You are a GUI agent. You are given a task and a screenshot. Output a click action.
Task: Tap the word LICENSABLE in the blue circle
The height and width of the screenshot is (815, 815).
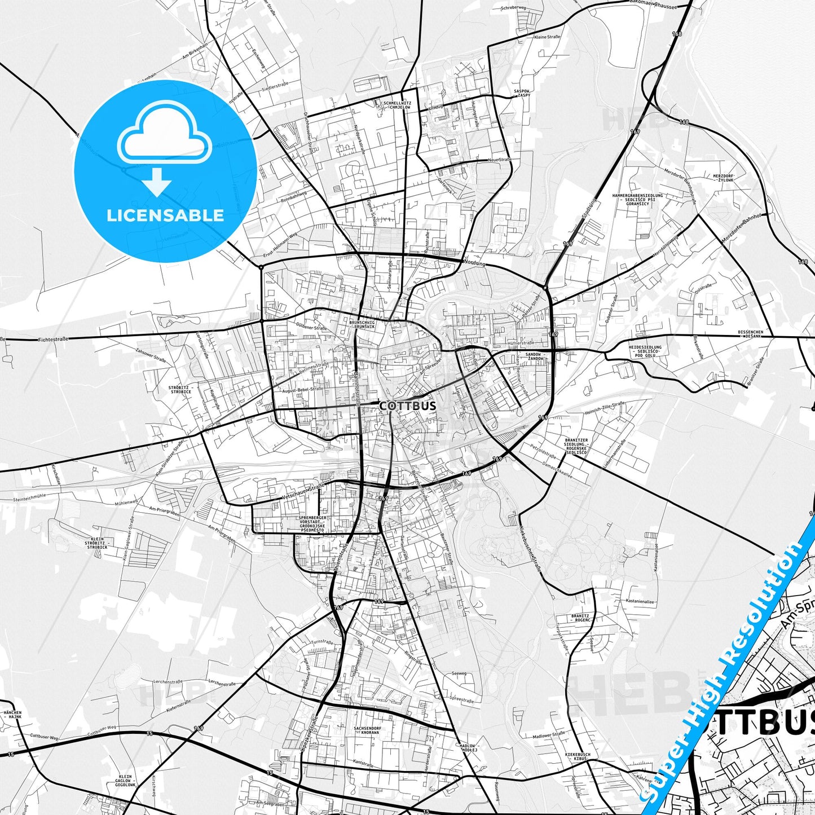(165, 215)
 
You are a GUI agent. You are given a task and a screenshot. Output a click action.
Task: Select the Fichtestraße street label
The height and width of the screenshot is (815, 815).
(54, 339)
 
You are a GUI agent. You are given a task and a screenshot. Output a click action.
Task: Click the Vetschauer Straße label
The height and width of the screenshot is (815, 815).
(303, 491)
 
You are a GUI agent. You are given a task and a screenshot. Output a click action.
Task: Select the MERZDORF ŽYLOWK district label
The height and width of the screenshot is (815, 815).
(722, 177)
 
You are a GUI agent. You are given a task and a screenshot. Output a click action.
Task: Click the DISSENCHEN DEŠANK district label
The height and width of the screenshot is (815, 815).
(750, 334)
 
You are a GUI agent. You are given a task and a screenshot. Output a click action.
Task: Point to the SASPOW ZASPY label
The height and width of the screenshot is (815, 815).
(521, 93)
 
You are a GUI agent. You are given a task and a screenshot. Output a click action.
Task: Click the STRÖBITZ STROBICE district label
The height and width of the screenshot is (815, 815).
(180, 390)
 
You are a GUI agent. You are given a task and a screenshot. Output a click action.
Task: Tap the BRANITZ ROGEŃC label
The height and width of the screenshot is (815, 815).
(580, 618)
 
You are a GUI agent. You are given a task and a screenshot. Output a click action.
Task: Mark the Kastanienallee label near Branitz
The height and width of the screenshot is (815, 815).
(640, 602)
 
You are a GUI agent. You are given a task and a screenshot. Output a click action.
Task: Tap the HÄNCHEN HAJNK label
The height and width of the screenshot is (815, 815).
(12, 715)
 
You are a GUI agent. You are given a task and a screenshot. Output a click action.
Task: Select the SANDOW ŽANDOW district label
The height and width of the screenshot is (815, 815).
(534, 356)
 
